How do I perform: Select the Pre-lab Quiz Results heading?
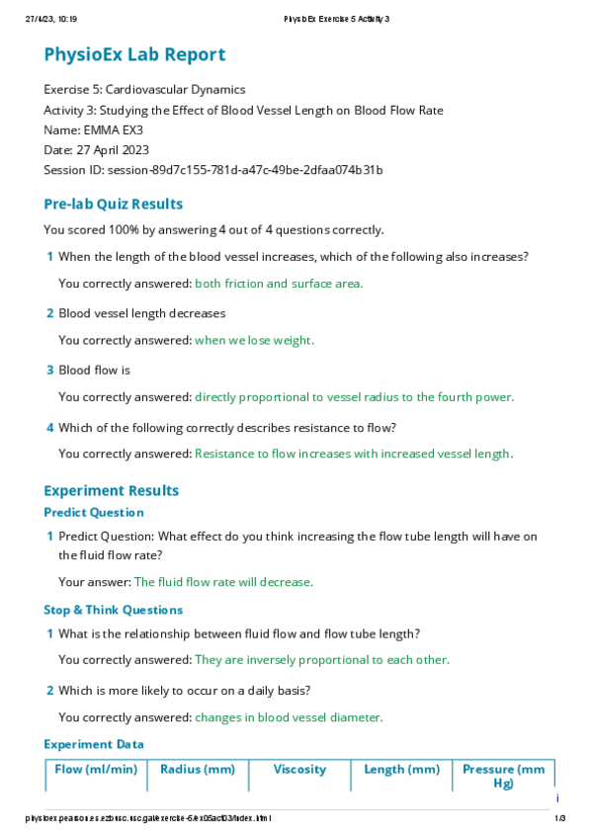pos(114,205)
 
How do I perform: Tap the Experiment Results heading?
pos(112,490)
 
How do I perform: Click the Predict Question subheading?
pos(94,513)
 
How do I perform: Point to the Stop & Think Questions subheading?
pos(113,610)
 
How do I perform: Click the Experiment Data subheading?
pos(94,744)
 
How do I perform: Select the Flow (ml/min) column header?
pos(96,769)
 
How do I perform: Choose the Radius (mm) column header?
pos(198,769)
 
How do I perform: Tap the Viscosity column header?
pos(299,769)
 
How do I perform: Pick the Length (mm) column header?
pos(401,769)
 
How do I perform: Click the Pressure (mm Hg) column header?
pos(503,776)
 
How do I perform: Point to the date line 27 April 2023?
pos(96,149)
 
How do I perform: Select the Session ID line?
pos(213,170)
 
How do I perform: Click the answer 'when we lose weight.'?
pos(254,341)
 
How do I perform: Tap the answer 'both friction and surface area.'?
pos(279,284)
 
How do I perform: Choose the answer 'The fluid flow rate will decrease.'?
pos(223,582)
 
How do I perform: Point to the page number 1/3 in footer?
pos(559,818)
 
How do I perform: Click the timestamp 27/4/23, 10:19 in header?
pos(45,19)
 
